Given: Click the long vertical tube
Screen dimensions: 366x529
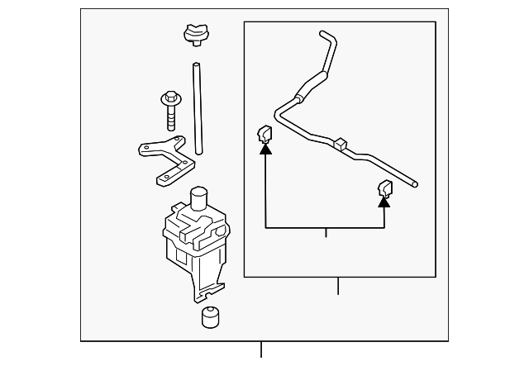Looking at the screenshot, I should click(198, 107).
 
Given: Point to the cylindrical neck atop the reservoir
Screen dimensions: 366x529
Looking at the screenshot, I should click(198, 199).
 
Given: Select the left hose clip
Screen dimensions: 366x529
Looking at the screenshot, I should click(264, 134).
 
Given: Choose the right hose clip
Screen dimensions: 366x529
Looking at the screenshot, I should click(384, 187).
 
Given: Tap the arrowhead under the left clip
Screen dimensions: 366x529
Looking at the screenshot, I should click(264, 149).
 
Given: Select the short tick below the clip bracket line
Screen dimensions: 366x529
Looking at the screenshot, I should click(326, 232).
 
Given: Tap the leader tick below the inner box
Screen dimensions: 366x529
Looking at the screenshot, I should click(338, 286).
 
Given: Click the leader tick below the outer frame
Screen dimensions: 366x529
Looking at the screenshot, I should click(261, 349).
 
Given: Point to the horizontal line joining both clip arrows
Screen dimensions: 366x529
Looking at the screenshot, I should click(325, 226).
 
